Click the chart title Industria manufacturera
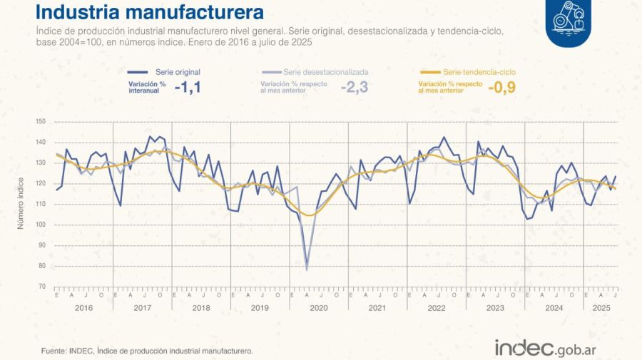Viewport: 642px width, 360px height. [x=149, y=13]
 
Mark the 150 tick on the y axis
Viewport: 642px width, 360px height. [x=40, y=122]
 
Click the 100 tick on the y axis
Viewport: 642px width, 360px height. [x=40, y=225]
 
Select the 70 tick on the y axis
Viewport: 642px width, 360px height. [x=41, y=287]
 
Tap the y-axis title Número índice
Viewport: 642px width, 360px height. [x=21, y=204]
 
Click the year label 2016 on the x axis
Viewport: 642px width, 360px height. [x=83, y=309]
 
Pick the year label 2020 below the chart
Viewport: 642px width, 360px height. [x=318, y=309]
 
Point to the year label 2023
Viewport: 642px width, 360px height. [x=494, y=309]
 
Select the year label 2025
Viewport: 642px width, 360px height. [x=600, y=309]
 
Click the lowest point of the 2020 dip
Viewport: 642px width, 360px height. [x=307, y=269]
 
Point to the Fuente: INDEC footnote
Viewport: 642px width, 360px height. [x=147, y=351]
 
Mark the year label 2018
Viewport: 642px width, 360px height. [x=200, y=309]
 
